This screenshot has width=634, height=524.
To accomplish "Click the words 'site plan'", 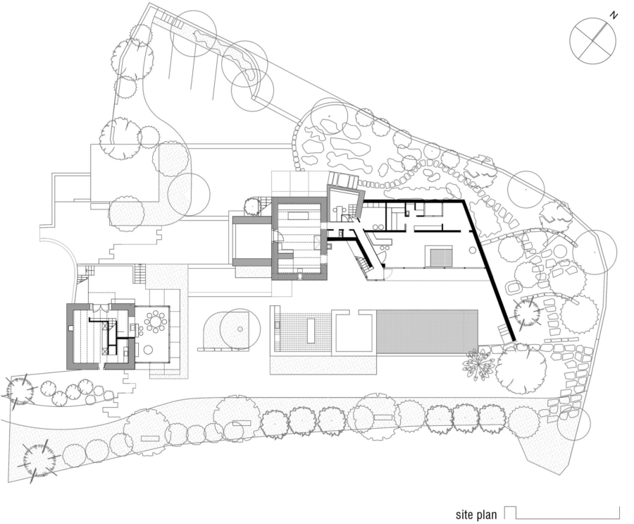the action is [476, 515].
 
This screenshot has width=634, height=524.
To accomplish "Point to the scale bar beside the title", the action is [562, 513].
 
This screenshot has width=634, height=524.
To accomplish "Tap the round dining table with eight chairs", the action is [155, 322].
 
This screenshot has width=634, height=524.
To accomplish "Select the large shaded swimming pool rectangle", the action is [427, 331].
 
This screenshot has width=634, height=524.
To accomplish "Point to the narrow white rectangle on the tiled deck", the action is [311, 331].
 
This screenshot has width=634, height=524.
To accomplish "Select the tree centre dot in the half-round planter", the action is [240, 329].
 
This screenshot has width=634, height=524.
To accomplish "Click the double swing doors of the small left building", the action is [101, 307].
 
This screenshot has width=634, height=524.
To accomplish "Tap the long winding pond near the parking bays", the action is [225, 56].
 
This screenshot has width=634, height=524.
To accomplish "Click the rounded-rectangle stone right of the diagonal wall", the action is [514, 288].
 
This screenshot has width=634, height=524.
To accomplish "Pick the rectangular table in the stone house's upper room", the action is [299, 216].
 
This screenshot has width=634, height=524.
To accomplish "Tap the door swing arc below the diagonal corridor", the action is [387, 274].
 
